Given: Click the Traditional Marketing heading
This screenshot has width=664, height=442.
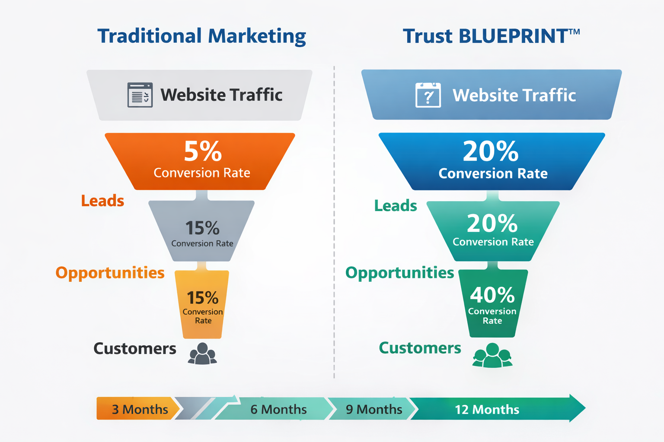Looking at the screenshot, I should point(201,36).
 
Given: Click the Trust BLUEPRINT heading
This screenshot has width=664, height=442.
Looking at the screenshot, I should point(491,36).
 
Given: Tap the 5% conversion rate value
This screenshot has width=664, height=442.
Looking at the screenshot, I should point(203,152).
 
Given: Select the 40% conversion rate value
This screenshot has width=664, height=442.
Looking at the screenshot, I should point(492,295).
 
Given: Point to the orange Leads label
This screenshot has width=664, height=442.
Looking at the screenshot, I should point(102,201).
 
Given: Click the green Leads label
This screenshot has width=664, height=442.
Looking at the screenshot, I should point(396,205).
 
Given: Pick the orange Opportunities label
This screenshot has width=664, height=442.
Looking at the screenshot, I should point(110,273).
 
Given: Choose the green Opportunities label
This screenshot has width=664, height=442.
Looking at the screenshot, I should point(400,273).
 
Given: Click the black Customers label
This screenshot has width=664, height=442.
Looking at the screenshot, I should point(135,348).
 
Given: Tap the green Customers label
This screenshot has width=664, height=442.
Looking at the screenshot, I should point(420,348).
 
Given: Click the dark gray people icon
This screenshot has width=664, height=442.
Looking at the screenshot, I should point(202,354).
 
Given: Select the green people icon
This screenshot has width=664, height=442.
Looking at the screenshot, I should point(492,355).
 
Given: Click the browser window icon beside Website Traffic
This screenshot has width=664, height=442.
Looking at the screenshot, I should point(140,95).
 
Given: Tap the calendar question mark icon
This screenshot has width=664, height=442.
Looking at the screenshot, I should point(428,95).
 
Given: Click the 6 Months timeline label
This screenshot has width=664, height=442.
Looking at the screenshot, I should point(278,409).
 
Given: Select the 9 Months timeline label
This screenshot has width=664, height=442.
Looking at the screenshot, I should point(374,409).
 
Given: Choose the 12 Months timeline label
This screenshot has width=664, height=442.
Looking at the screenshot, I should point(487,409).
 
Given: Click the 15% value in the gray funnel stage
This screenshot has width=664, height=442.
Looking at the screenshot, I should point(202,228).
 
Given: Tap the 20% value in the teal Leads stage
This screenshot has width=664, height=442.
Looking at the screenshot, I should point(492,224).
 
